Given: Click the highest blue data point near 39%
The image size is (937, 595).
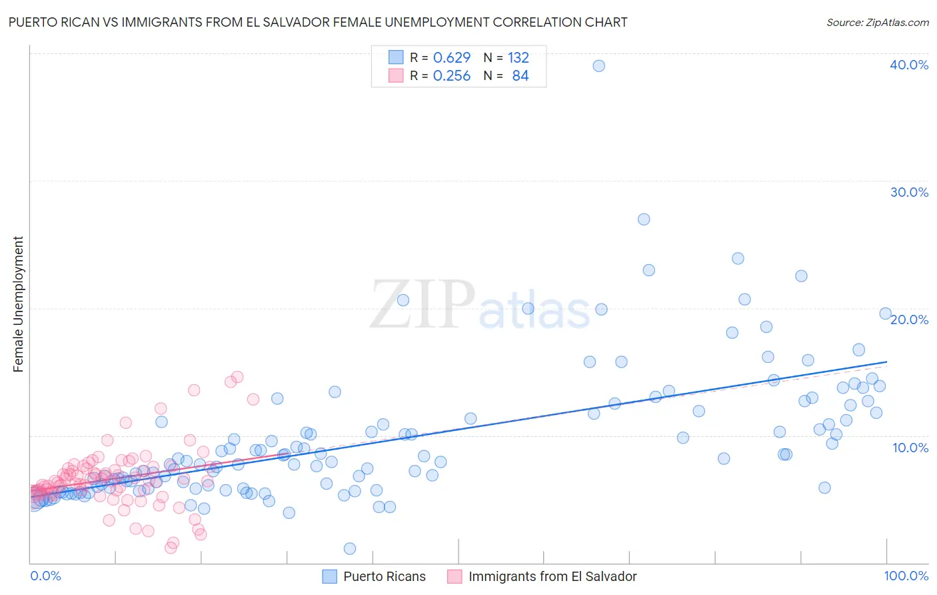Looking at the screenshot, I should (x=598, y=65).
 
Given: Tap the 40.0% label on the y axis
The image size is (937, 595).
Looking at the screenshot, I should (x=908, y=65).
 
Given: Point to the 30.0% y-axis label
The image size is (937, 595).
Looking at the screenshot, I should (x=908, y=192).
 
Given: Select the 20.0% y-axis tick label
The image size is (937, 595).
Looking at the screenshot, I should (x=909, y=320).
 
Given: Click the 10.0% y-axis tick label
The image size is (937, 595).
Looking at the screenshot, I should (x=910, y=448).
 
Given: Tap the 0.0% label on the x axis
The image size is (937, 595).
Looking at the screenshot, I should (x=45, y=576).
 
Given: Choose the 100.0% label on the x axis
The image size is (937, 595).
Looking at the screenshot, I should (x=906, y=576).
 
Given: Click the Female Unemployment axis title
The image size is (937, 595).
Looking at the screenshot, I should (x=18, y=304).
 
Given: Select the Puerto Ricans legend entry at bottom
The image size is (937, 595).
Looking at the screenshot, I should (x=374, y=576).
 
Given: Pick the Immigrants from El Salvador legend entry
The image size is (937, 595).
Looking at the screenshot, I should (x=542, y=576).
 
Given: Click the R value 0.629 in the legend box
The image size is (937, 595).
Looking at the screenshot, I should (x=451, y=57).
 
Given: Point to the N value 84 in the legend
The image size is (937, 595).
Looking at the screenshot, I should (x=520, y=76).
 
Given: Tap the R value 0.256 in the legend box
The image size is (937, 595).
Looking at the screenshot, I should (x=451, y=76).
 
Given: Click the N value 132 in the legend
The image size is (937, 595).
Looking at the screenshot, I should (x=518, y=57).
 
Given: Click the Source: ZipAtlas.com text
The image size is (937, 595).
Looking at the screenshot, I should (x=877, y=22).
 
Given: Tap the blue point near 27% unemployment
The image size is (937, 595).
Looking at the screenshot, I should (x=643, y=219).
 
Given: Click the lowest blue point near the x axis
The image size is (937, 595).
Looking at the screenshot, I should (x=349, y=548).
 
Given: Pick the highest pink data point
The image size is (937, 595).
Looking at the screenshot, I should (x=237, y=377).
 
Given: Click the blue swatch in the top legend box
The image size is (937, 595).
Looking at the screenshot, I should (x=396, y=57).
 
